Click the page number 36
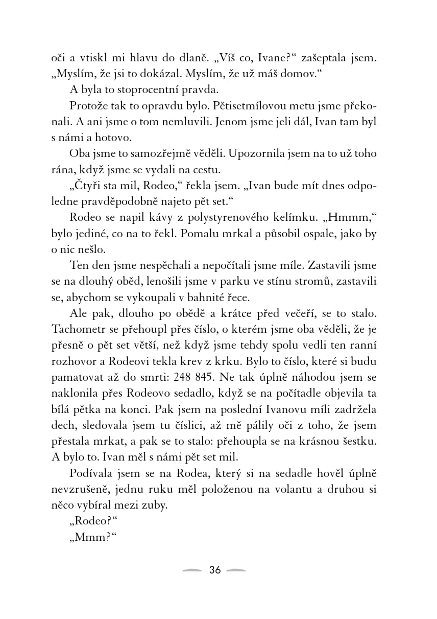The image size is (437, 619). (215, 570)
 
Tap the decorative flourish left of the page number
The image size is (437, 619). (192, 570)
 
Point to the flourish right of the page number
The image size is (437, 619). (236, 570)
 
